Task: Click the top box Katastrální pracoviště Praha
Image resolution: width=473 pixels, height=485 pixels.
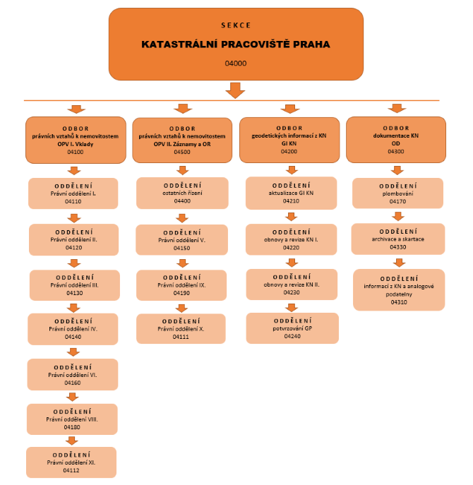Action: click(236, 43)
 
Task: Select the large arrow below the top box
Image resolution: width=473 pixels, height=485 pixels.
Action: click(236, 90)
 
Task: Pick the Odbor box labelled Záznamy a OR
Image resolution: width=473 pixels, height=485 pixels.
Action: click(182, 140)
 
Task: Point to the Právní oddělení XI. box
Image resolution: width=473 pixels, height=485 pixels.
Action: click(72, 462)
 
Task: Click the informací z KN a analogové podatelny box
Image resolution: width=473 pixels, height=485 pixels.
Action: click(400, 289)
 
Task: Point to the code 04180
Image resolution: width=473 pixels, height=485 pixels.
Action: click(72, 427)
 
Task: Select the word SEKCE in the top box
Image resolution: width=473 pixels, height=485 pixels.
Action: click(236, 25)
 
